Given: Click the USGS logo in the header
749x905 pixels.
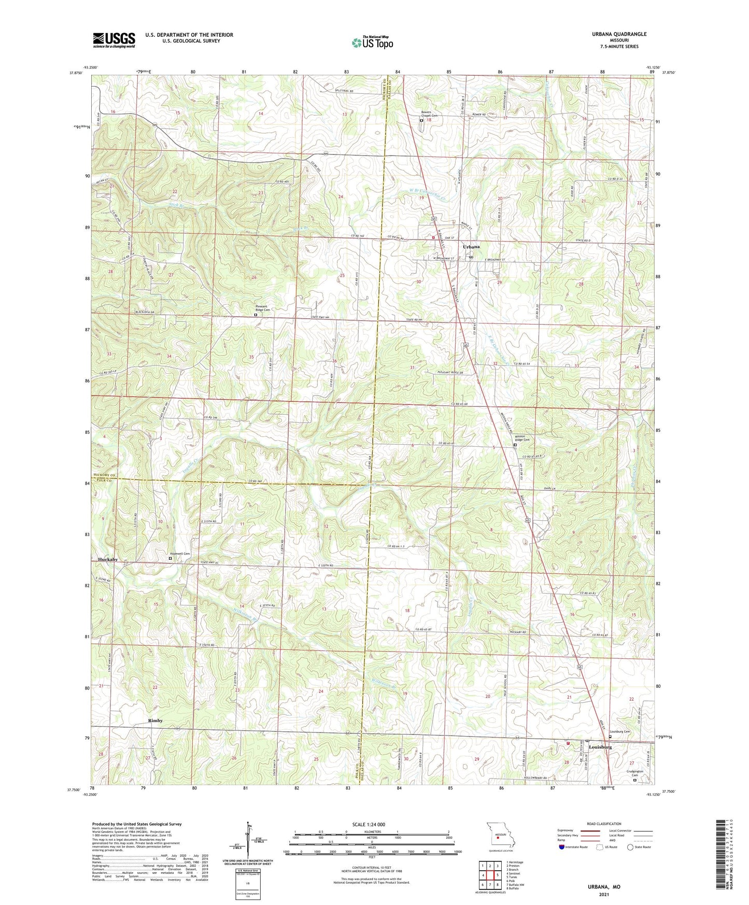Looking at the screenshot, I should [114, 39].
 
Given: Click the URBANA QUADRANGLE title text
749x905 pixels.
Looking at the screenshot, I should [616, 34].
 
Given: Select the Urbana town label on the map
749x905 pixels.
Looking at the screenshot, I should [471, 247].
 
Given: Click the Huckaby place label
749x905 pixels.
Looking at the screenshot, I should [108, 560].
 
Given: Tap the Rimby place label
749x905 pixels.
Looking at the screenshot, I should [155, 720].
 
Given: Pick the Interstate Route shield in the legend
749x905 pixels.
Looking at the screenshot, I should [562, 847].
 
